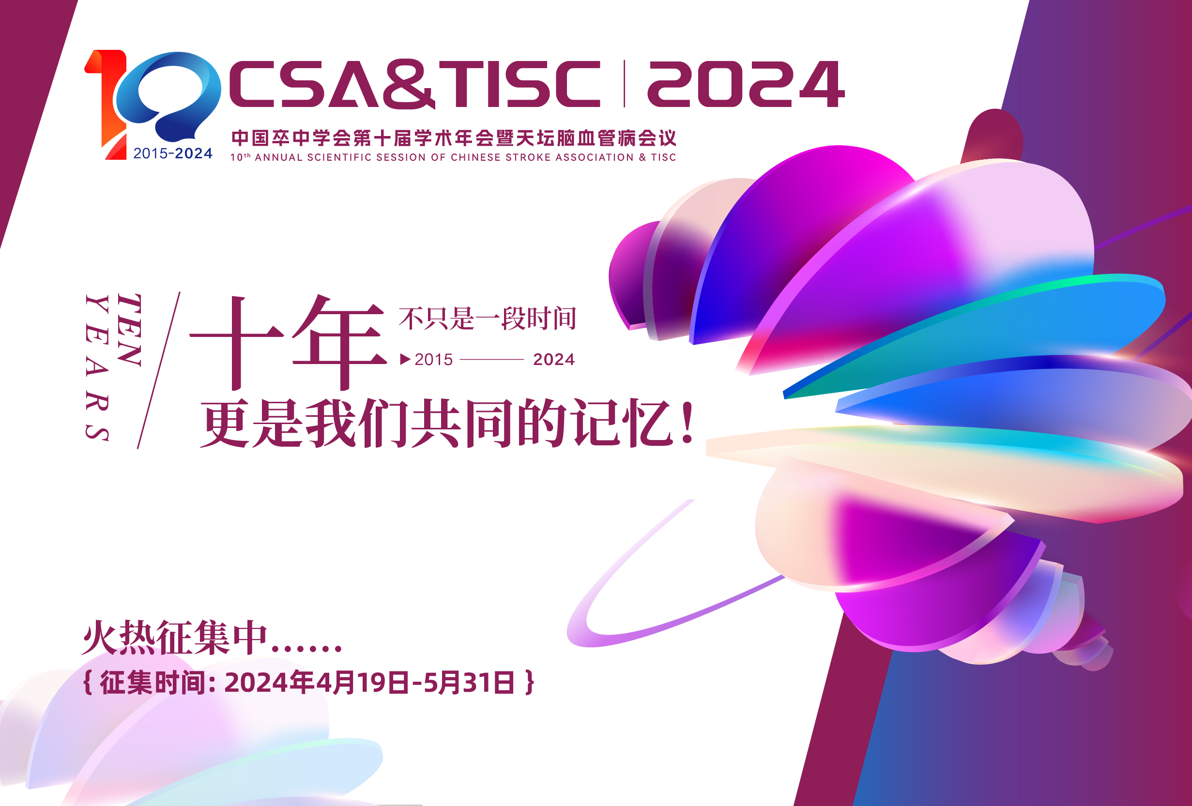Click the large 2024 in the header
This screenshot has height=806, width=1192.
[746, 84]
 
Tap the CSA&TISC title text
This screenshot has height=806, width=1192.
[414, 84]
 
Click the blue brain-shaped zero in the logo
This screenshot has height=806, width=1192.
[168, 96]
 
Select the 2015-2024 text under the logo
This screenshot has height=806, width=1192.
[173, 153]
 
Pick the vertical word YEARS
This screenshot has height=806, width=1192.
[97, 367]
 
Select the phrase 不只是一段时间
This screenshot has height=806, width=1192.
[487, 319]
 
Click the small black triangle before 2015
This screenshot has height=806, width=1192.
[405, 359]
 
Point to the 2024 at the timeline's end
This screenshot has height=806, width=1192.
[554, 359]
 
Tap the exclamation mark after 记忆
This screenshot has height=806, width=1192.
[688, 422]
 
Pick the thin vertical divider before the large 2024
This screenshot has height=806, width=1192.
[624, 84]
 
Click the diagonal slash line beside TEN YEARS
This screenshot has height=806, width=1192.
[159, 370]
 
